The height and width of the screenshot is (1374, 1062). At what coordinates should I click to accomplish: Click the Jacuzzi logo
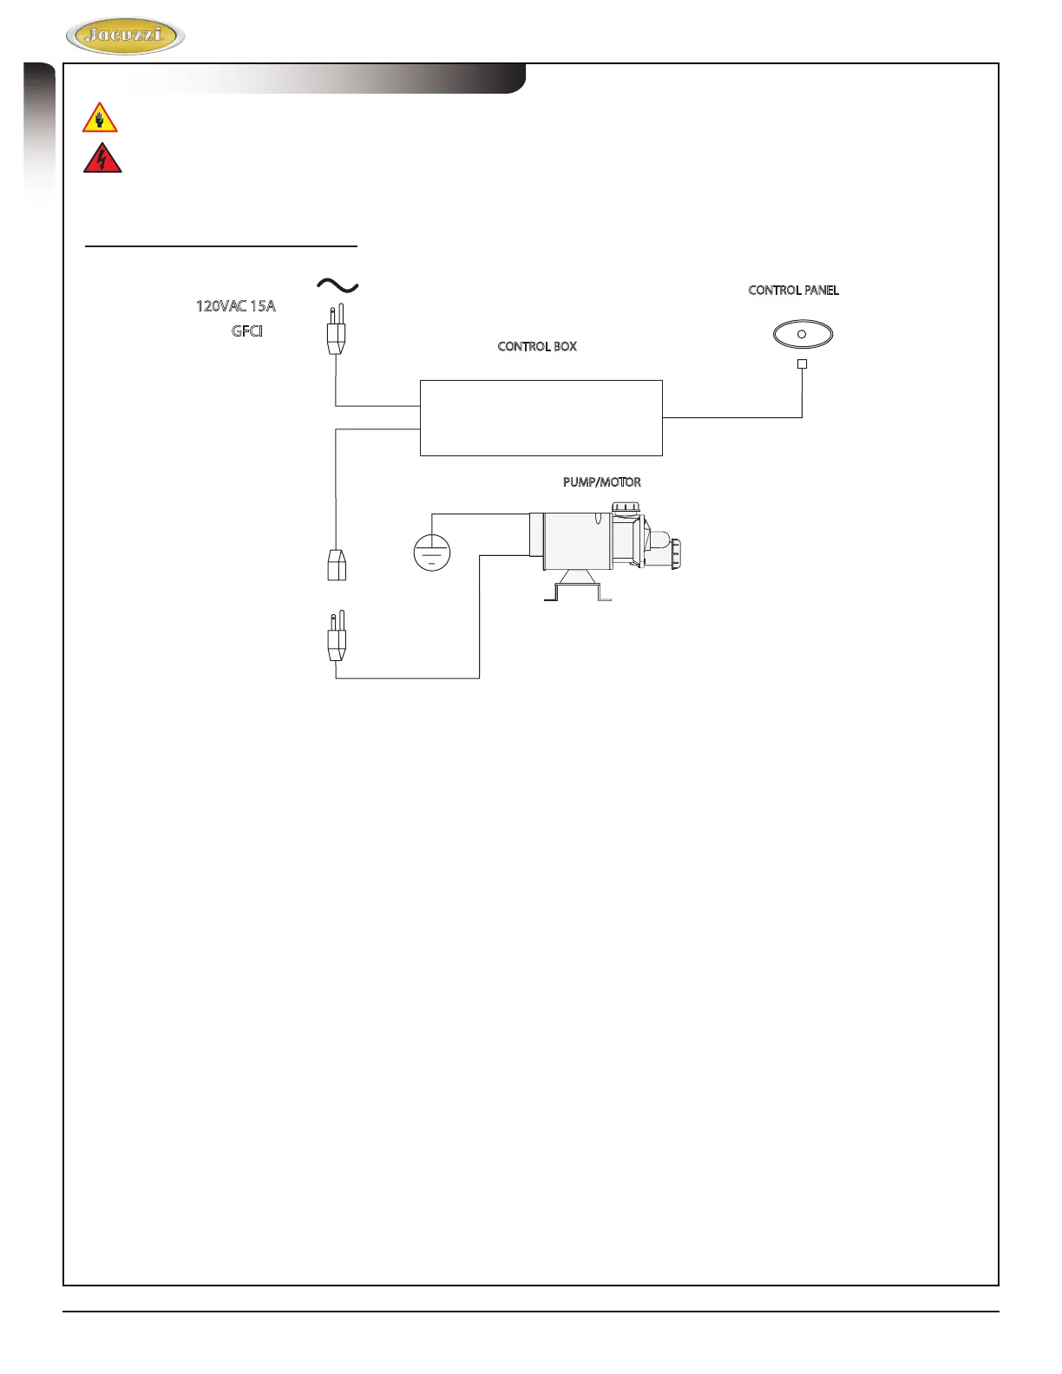pos(126,36)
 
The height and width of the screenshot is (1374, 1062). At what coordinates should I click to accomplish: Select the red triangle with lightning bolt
pos(102,159)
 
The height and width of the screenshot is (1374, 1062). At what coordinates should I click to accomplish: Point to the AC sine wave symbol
pos(338,285)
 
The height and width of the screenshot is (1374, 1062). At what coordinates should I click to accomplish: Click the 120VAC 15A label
pos(235,306)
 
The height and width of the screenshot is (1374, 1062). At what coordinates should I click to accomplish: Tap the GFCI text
pos(247,331)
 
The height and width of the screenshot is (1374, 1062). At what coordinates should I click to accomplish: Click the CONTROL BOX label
pos(537,346)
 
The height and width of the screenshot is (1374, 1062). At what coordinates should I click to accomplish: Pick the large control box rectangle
pos(541,417)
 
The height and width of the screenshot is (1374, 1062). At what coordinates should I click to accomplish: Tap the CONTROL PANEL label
pos(793,291)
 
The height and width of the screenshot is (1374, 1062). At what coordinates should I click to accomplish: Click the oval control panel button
pos(803,334)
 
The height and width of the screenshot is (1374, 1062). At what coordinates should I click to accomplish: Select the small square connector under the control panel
pos(802,364)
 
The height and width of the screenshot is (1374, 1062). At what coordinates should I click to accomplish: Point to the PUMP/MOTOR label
pos(601,482)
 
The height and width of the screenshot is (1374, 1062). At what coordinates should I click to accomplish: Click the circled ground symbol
pos(432,553)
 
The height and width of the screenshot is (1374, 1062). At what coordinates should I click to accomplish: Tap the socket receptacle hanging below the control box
pos(337,565)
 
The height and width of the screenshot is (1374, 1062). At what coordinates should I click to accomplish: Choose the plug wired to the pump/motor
pos(336,638)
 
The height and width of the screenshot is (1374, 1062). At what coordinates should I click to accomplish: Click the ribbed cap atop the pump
pos(626,507)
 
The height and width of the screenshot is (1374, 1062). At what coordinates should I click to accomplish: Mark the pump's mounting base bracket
pos(577,589)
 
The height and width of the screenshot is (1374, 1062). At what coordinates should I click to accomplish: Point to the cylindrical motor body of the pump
pos(573,540)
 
